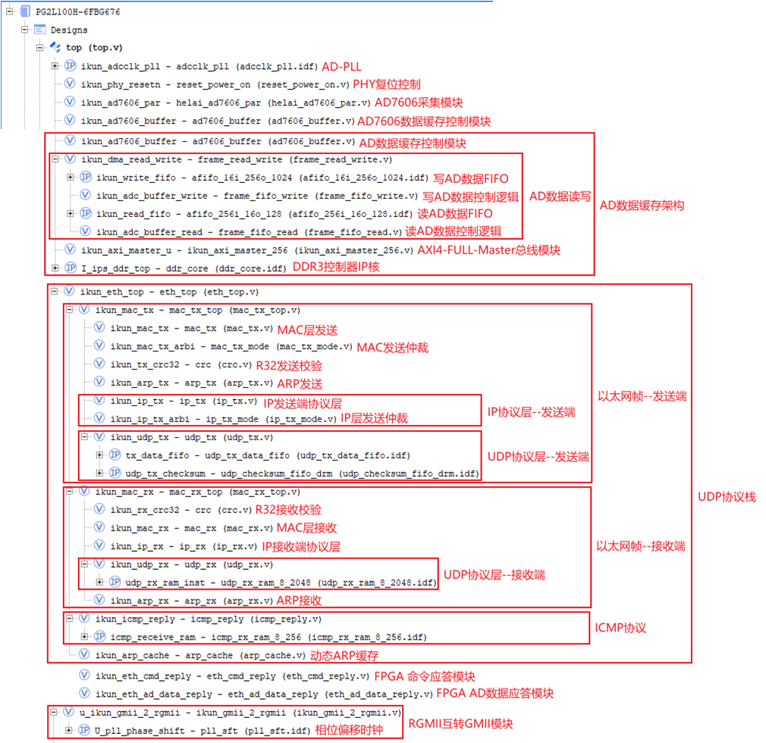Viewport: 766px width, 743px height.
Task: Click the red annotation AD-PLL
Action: [342, 66]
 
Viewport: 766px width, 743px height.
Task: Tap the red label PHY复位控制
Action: [387, 84]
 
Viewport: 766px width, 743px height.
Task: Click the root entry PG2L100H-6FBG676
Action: [77, 12]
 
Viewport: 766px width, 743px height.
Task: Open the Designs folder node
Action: [68, 30]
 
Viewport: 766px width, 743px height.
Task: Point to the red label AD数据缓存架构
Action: [642, 206]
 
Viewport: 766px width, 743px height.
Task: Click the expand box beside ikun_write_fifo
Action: [70, 178]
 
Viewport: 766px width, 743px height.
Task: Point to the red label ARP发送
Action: [300, 383]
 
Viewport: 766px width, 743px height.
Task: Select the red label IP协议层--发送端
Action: [531, 412]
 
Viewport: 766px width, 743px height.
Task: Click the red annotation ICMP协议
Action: [620, 628]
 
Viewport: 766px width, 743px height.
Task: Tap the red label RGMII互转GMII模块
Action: [460, 724]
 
